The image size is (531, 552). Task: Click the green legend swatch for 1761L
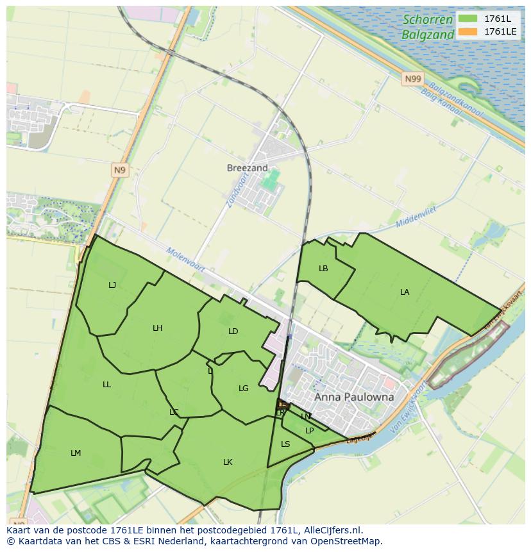point(468,19)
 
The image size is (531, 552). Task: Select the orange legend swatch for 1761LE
point(468,31)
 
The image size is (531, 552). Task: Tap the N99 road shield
point(414,79)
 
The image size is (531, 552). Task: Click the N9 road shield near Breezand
point(120,170)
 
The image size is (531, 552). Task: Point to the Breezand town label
point(247,168)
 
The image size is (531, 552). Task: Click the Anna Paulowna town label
point(354,397)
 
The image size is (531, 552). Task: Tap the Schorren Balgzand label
point(428,27)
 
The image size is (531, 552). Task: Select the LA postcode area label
point(405,292)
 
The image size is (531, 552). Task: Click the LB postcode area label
point(323,269)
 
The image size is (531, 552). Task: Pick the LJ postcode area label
point(112,285)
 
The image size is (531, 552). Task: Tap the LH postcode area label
point(157,328)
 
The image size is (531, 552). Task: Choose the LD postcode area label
point(233,331)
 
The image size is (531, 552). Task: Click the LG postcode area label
point(243,389)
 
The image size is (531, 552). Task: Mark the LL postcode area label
point(106,385)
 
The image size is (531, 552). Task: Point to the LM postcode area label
point(76,453)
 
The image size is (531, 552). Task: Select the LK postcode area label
point(228,462)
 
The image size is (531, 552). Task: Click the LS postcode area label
point(285,444)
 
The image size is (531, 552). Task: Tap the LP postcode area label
point(309,431)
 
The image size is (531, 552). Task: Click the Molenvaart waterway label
point(185,260)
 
